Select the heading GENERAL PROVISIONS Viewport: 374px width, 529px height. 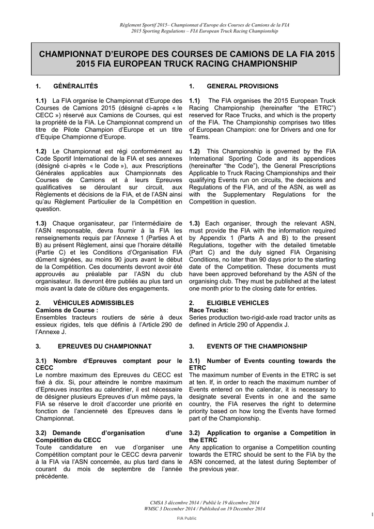pyautogui.click(x=242, y=86)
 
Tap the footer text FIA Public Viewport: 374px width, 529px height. pyautogui.click(x=186, y=518)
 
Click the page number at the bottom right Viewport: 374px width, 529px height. pyautogui.click(x=371, y=514)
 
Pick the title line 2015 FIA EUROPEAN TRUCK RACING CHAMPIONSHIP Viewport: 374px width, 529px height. pyautogui.click(x=186, y=64)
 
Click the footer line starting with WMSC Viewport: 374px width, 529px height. pyautogui.click(x=205, y=509)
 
